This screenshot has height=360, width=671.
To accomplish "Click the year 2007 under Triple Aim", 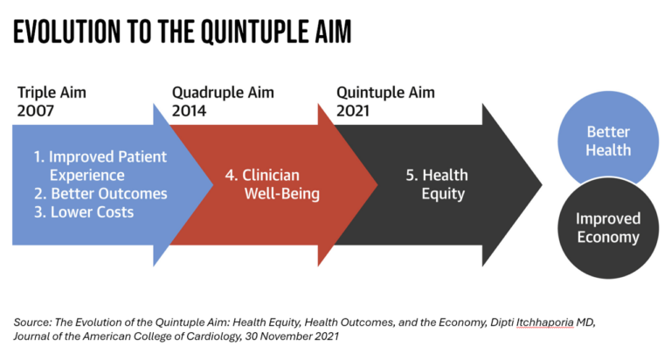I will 34,112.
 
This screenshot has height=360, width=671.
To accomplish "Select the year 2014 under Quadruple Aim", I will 192,112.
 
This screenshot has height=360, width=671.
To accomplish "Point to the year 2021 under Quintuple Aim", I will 354,112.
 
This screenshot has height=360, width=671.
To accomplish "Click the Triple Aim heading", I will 52,93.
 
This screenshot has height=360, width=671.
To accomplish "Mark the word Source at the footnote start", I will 32,322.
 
